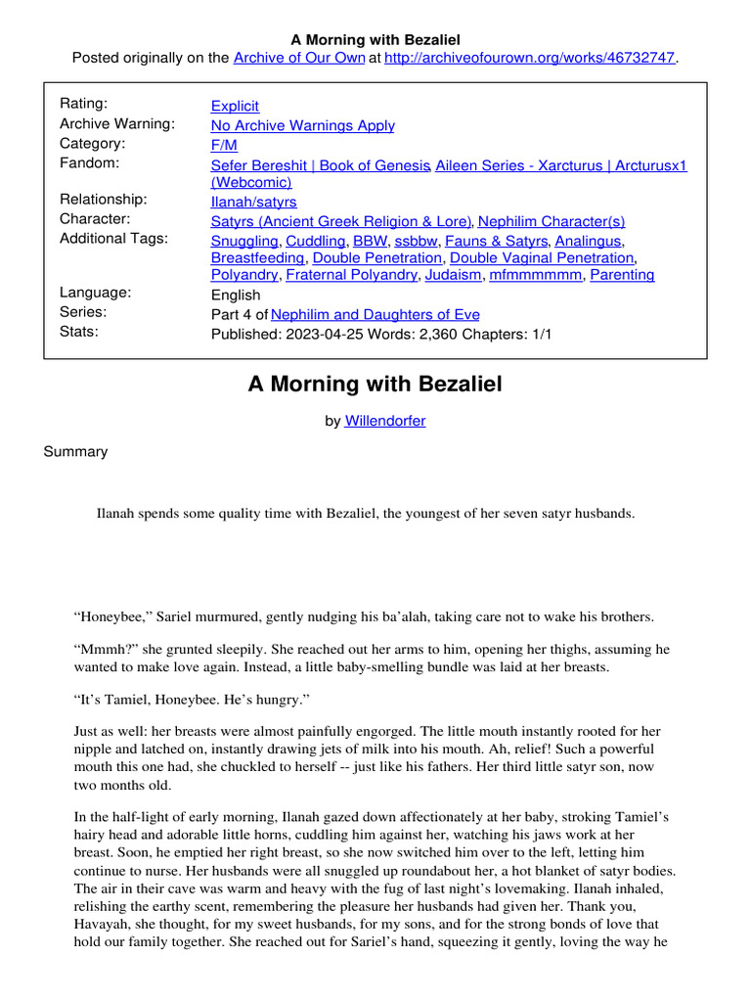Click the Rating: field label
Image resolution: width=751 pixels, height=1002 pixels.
click(84, 104)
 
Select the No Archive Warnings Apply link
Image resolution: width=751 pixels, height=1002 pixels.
click(302, 125)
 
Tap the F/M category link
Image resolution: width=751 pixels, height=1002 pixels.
click(224, 145)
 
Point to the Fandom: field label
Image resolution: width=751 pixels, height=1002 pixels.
click(90, 163)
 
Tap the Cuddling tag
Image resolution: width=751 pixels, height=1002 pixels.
click(315, 240)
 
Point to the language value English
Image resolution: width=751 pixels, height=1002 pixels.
click(236, 295)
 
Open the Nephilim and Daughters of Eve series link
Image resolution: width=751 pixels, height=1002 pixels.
click(375, 314)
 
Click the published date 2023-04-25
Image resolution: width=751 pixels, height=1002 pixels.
click(317, 334)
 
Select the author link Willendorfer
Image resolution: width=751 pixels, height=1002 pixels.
click(384, 421)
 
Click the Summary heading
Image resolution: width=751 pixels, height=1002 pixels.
click(75, 452)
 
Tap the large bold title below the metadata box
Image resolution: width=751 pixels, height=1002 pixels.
click(375, 385)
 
